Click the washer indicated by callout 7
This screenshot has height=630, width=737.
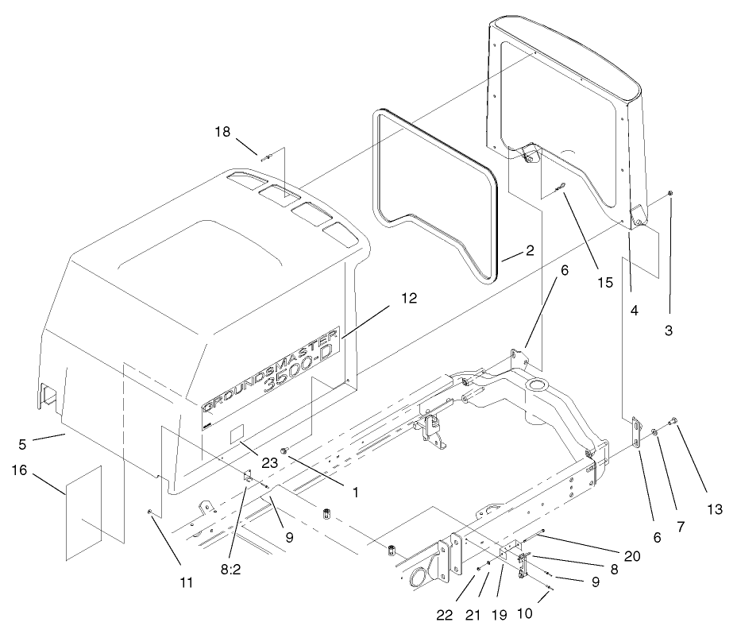(654, 431)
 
